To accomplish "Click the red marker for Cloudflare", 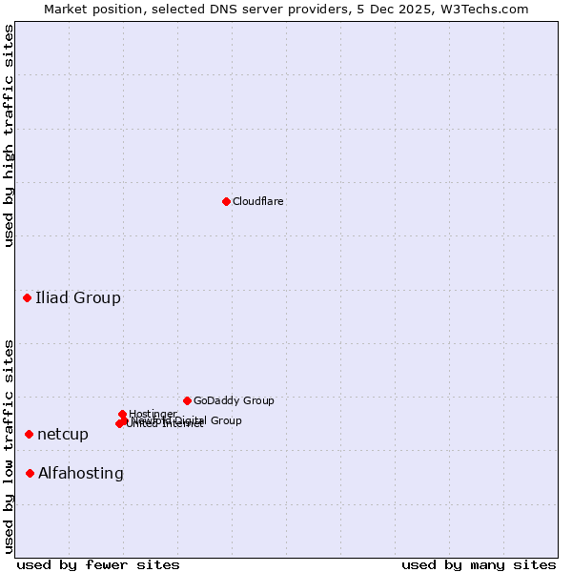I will point(226,201).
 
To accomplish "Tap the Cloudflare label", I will point(258,202).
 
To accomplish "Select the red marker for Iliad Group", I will point(28,298).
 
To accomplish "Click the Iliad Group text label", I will point(78,298).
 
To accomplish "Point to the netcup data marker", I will point(30,435).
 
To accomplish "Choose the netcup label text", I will point(63,435).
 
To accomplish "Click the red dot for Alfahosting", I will point(31,474).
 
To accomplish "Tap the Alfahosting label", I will point(81,474).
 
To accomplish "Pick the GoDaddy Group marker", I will point(187,400).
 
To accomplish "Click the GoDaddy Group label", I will point(234,401).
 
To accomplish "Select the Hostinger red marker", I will point(123,414).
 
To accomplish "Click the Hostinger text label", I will point(153,414).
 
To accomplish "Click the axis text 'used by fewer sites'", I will point(98,565).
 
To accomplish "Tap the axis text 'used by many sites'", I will point(479,565).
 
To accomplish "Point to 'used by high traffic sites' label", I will point(9,135).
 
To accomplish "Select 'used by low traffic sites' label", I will point(9,446).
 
